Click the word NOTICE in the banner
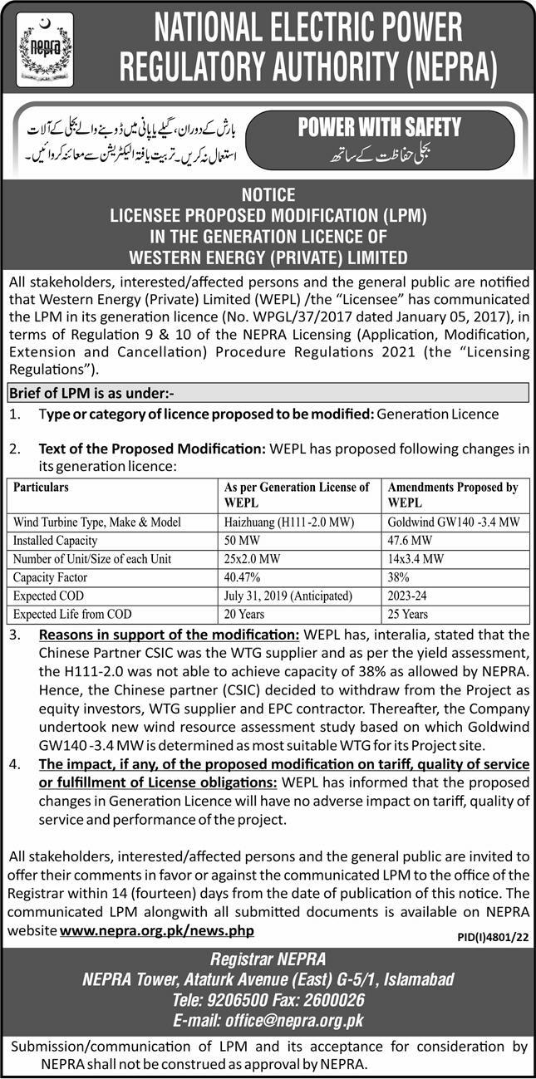(x=268, y=195)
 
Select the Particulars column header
(x=42, y=487)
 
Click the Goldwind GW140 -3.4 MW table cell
(x=454, y=522)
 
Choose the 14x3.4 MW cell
(x=414, y=559)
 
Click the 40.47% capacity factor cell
(x=243, y=577)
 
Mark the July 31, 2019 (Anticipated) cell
(x=288, y=596)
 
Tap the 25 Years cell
(x=408, y=614)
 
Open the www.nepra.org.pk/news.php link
(x=157, y=931)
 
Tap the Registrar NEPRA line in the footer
(x=268, y=960)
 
